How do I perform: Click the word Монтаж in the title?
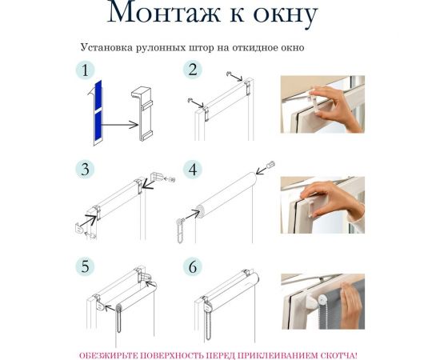(x=163, y=13)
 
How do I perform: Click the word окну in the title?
(x=286, y=15)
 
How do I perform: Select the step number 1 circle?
(x=85, y=70)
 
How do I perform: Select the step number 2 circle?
(x=193, y=70)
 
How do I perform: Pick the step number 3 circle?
(x=85, y=170)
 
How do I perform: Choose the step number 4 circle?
(x=193, y=170)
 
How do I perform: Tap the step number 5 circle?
(x=85, y=266)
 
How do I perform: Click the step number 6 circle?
(x=193, y=266)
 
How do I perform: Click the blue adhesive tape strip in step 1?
(x=98, y=111)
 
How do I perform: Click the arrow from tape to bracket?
(x=120, y=125)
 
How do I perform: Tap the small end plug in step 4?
(x=270, y=164)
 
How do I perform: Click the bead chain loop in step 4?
(x=180, y=230)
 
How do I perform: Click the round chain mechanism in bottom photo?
(x=323, y=299)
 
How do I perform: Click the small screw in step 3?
(x=170, y=178)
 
